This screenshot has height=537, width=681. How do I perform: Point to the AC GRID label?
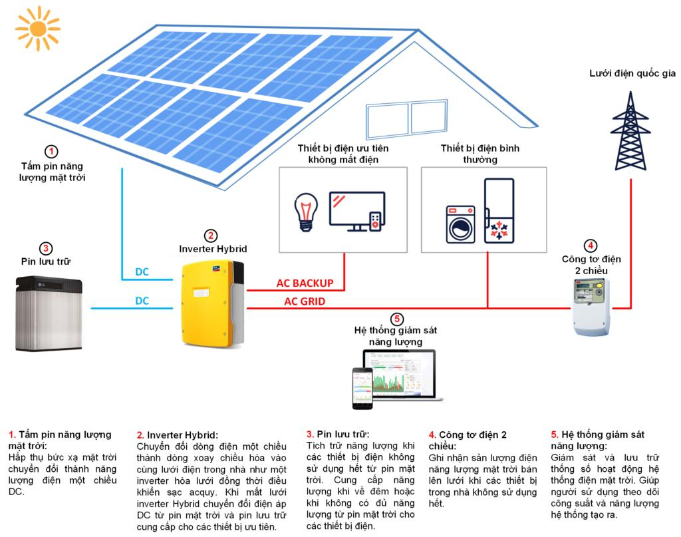tap(304, 301)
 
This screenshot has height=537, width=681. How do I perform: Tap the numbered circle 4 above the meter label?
tap(592, 244)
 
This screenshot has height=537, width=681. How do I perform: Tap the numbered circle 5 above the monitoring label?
tap(398, 319)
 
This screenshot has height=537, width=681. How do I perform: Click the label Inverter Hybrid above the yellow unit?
tap(213, 249)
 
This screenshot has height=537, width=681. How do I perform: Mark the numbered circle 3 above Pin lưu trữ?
tap(46, 248)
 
